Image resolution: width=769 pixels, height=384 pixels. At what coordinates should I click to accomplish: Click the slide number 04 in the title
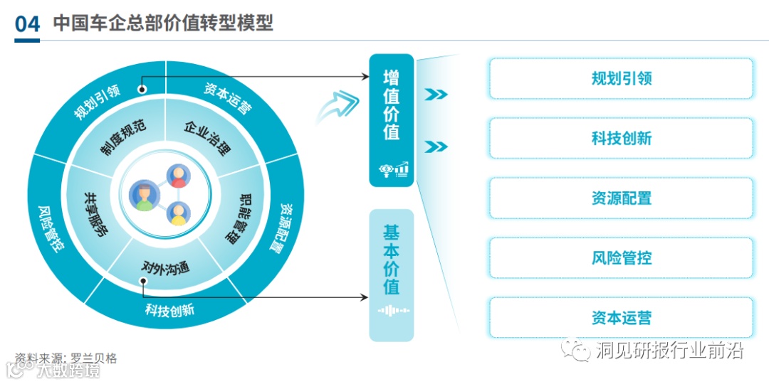[27, 23]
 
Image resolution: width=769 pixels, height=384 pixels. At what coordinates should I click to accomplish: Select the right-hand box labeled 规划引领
[621, 78]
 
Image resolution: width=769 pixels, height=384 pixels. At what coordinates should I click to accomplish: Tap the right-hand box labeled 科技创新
[621, 138]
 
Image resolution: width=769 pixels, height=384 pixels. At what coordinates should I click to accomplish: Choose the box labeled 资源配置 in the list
[621, 198]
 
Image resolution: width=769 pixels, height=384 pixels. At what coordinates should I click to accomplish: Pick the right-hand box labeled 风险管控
[621, 257]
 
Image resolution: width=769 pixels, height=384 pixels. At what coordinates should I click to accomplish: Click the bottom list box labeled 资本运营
[621, 318]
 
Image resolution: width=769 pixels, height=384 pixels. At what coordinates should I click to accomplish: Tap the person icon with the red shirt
[177, 176]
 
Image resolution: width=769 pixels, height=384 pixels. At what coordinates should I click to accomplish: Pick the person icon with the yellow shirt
[177, 214]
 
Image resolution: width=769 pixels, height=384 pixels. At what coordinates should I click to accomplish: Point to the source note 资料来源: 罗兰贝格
[66, 358]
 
